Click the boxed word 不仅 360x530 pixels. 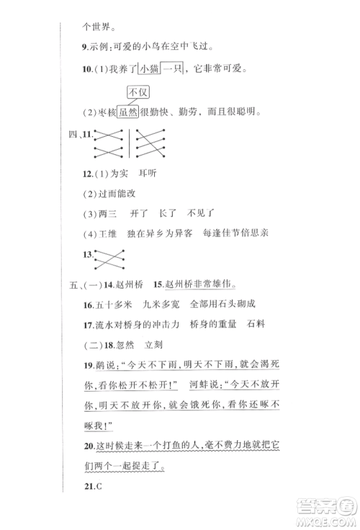click(x=137, y=93)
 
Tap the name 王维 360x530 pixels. click(x=111, y=233)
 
